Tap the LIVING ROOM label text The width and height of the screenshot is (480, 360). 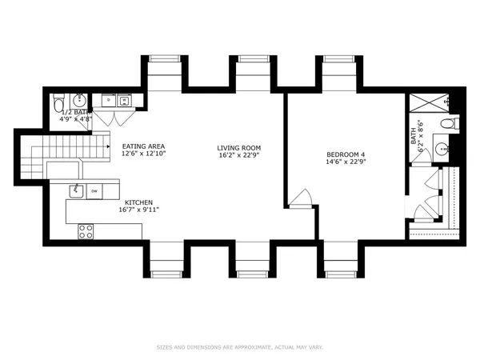click(x=239, y=148)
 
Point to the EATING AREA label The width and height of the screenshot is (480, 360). click(x=143, y=146)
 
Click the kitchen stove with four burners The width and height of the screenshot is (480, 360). click(x=86, y=231)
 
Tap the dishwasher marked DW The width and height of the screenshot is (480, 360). click(x=94, y=190)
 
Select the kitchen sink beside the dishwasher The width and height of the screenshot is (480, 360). click(x=76, y=190)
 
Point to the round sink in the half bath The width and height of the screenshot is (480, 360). click(x=78, y=101)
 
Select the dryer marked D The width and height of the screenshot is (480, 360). click(x=124, y=100)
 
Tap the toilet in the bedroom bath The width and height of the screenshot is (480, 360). click(x=450, y=124)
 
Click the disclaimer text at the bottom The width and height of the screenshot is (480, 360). click(x=239, y=347)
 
